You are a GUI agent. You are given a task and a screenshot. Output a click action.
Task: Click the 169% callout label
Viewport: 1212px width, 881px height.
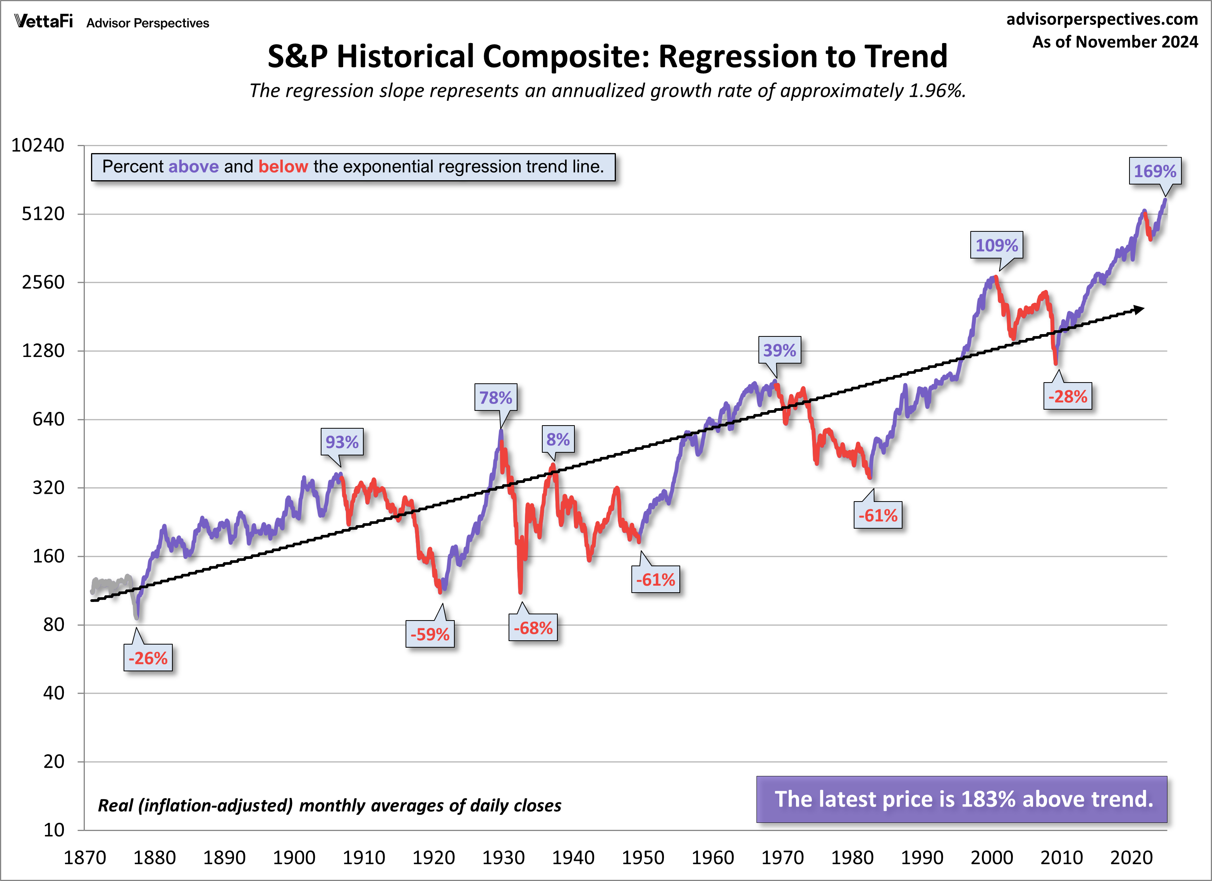pyautogui.click(x=1155, y=171)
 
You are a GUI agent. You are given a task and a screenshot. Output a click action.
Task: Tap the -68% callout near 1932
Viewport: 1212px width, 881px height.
pyautogui.click(x=533, y=628)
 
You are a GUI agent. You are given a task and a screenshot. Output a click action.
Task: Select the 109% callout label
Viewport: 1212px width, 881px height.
pyautogui.click(x=996, y=245)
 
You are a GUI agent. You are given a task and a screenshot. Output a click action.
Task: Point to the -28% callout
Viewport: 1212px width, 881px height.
pyautogui.click(x=1067, y=397)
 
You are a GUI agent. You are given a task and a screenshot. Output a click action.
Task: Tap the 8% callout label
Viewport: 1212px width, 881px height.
pyautogui.click(x=558, y=440)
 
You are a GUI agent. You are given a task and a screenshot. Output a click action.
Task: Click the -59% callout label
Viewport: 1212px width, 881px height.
pyautogui.click(x=430, y=634)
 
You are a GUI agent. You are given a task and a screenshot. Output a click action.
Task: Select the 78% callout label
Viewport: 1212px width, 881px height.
pyautogui.click(x=495, y=398)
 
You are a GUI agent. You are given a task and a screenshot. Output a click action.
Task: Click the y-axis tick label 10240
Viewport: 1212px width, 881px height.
pyautogui.click(x=38, y=145)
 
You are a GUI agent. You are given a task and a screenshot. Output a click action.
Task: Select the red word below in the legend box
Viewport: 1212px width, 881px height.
pyautogui.click(x=283, y=167)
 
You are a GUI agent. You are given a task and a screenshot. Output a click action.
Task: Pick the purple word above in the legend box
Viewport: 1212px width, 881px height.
pyautogui.click(x=193, y=167)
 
